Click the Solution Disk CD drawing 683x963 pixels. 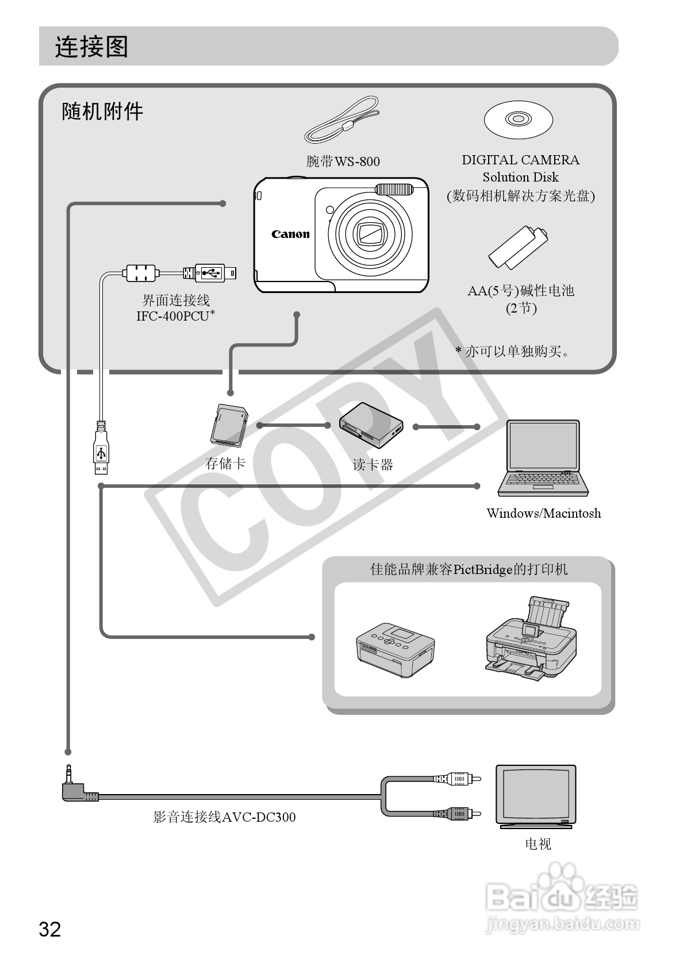tap(518, 120)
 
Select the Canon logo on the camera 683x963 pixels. tap(290, 234)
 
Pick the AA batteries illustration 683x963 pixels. tap(518, 248)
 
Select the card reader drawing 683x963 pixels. tap(371, 425)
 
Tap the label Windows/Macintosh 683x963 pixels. tap(543, 513)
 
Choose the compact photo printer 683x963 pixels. tap(395, 649)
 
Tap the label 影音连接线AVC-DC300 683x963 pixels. tap(224, 816)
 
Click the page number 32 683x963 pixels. tap(49, 929)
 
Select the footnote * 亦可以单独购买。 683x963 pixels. tap(512, 351)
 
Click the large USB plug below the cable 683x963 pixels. tap(101, 454)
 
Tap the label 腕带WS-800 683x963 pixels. tap(343, 161)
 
